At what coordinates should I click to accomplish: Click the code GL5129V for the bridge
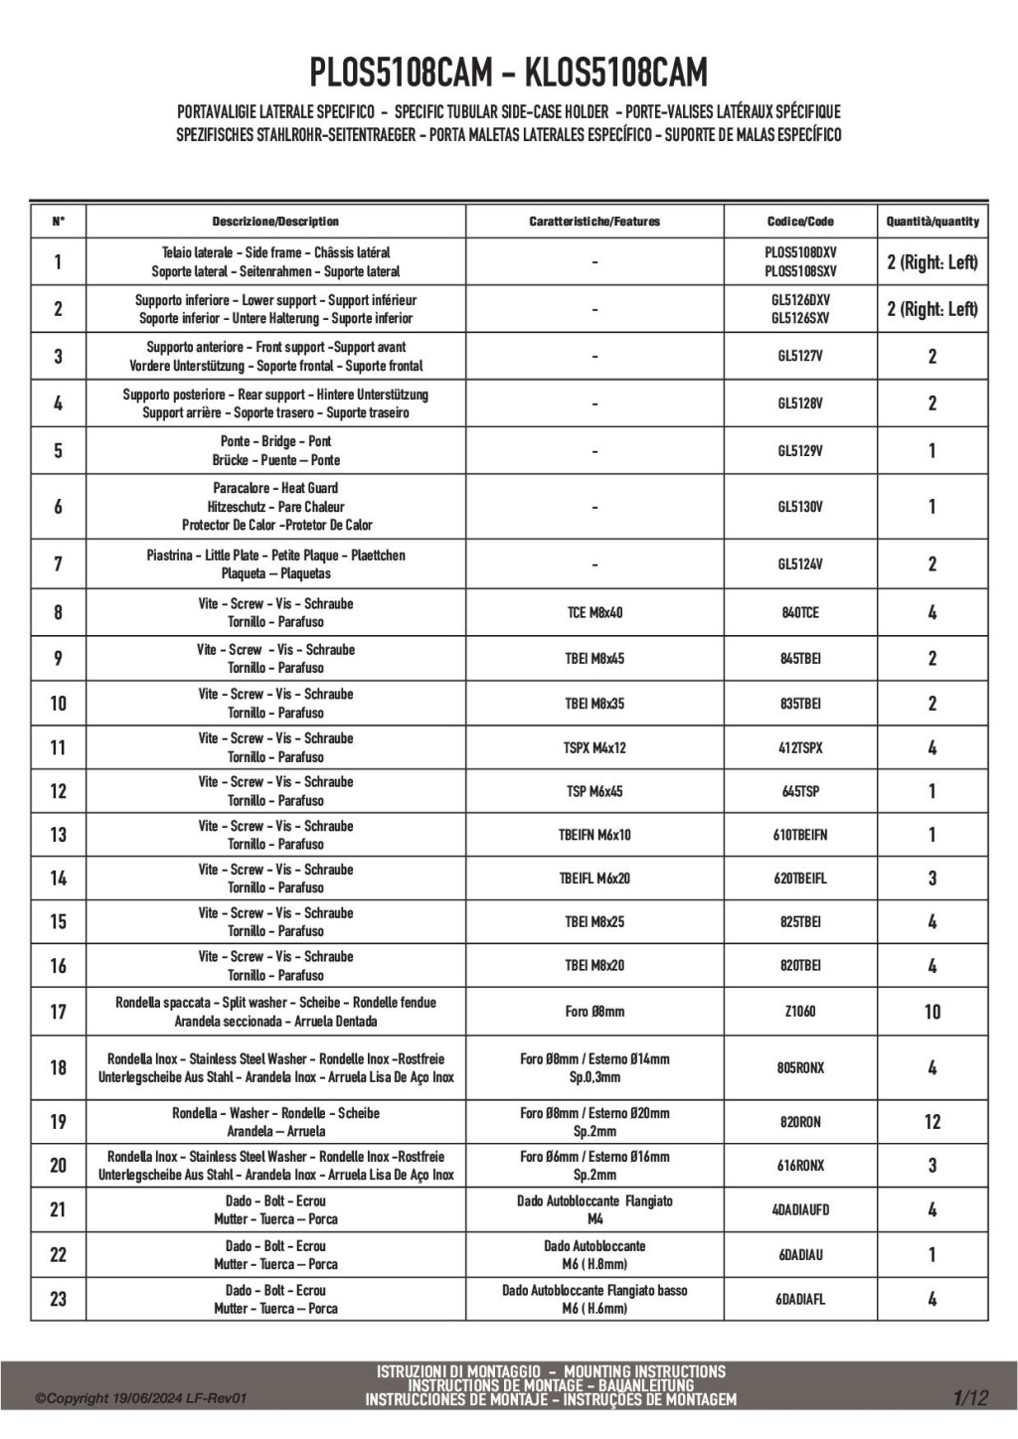point(800,451)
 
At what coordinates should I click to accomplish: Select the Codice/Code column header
point(800,222)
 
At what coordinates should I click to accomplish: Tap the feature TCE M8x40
point(594,613)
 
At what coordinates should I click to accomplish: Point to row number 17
point(58,1012)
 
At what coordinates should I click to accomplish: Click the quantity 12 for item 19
point(932,1122)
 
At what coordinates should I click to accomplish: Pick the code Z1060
point(800,1012)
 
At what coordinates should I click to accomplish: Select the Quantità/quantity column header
point(932,222)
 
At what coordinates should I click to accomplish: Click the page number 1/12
point(970,1398)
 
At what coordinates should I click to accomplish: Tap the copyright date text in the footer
point(140,1399)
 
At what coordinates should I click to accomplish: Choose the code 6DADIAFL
point(800,1299)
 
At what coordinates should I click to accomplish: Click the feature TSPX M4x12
point(594,748)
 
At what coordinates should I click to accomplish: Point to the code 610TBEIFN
point(800,835)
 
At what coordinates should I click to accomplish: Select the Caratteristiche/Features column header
point(594,222)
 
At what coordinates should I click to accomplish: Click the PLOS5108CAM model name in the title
point(401,74)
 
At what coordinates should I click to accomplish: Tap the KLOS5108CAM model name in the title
point(615,74)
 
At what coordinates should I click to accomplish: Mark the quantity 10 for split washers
point(932,1012)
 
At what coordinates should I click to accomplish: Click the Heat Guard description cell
point(276,507)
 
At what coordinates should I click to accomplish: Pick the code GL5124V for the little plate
point(800,564)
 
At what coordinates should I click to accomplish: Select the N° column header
point(58,222)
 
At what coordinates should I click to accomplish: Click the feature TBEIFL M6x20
point(594,879)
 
